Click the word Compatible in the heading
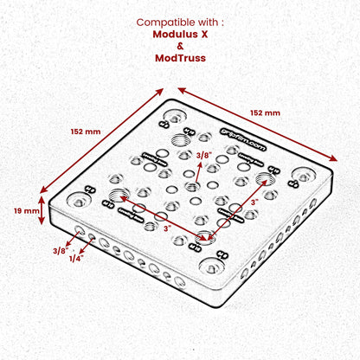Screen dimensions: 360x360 (167, 22)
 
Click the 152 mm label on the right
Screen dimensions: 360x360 (265, 112)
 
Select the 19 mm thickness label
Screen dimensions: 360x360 (25, 209)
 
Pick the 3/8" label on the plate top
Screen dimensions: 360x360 (204, 155)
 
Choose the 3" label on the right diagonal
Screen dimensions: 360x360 (254, 202)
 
